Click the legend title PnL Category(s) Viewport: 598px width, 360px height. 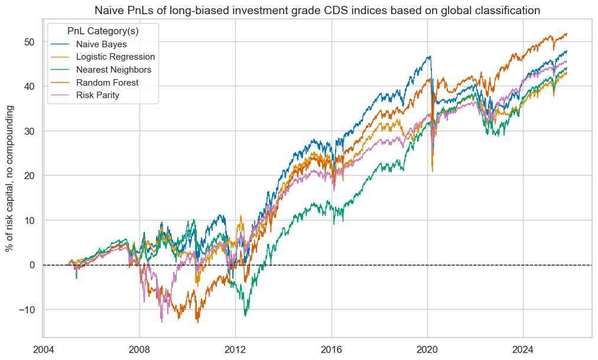103,30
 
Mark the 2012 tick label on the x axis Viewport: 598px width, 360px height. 235,348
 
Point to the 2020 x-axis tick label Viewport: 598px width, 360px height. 427,348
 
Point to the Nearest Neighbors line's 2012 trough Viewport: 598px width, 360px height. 245,316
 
